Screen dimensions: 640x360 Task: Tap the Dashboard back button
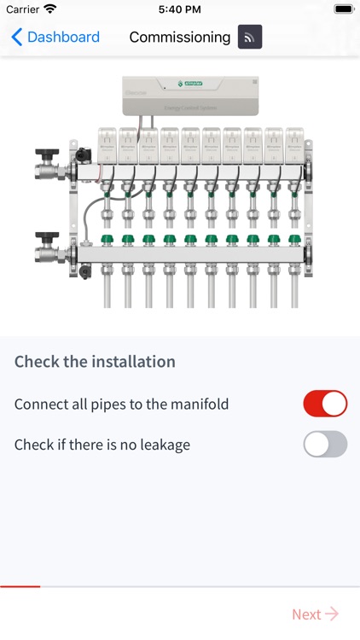tap(55, 38)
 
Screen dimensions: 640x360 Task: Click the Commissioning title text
tap(179, 38)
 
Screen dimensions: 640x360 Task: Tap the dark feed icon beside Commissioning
tap(250, 38)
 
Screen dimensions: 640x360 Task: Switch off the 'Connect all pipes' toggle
tap(325, 404)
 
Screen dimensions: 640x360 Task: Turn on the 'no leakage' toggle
tap(325, 445)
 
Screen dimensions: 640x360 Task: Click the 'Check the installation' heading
tap(95, 361)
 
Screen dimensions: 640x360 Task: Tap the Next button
tap(315, 614)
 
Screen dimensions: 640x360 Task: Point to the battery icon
tap(343, 9)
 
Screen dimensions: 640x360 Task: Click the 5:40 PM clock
tap(179, 9)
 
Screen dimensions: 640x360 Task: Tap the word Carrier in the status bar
tap(22, 9)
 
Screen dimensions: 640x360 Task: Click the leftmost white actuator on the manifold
tap(107, 145)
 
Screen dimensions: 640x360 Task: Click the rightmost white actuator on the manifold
tap(294, 145)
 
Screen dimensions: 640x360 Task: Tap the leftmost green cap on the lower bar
tap(107, 240)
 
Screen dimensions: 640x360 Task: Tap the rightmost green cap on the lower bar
tap(294, 240)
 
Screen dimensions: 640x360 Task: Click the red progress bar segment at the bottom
tap(20, 586)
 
